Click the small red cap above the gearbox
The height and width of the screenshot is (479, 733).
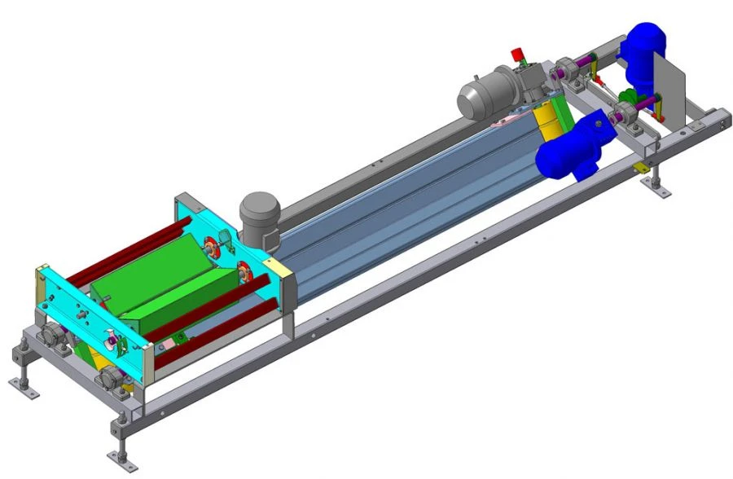point(516,55)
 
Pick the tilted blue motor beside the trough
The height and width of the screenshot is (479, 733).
point(570,147)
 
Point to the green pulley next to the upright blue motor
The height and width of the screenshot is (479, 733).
point(625,110)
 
